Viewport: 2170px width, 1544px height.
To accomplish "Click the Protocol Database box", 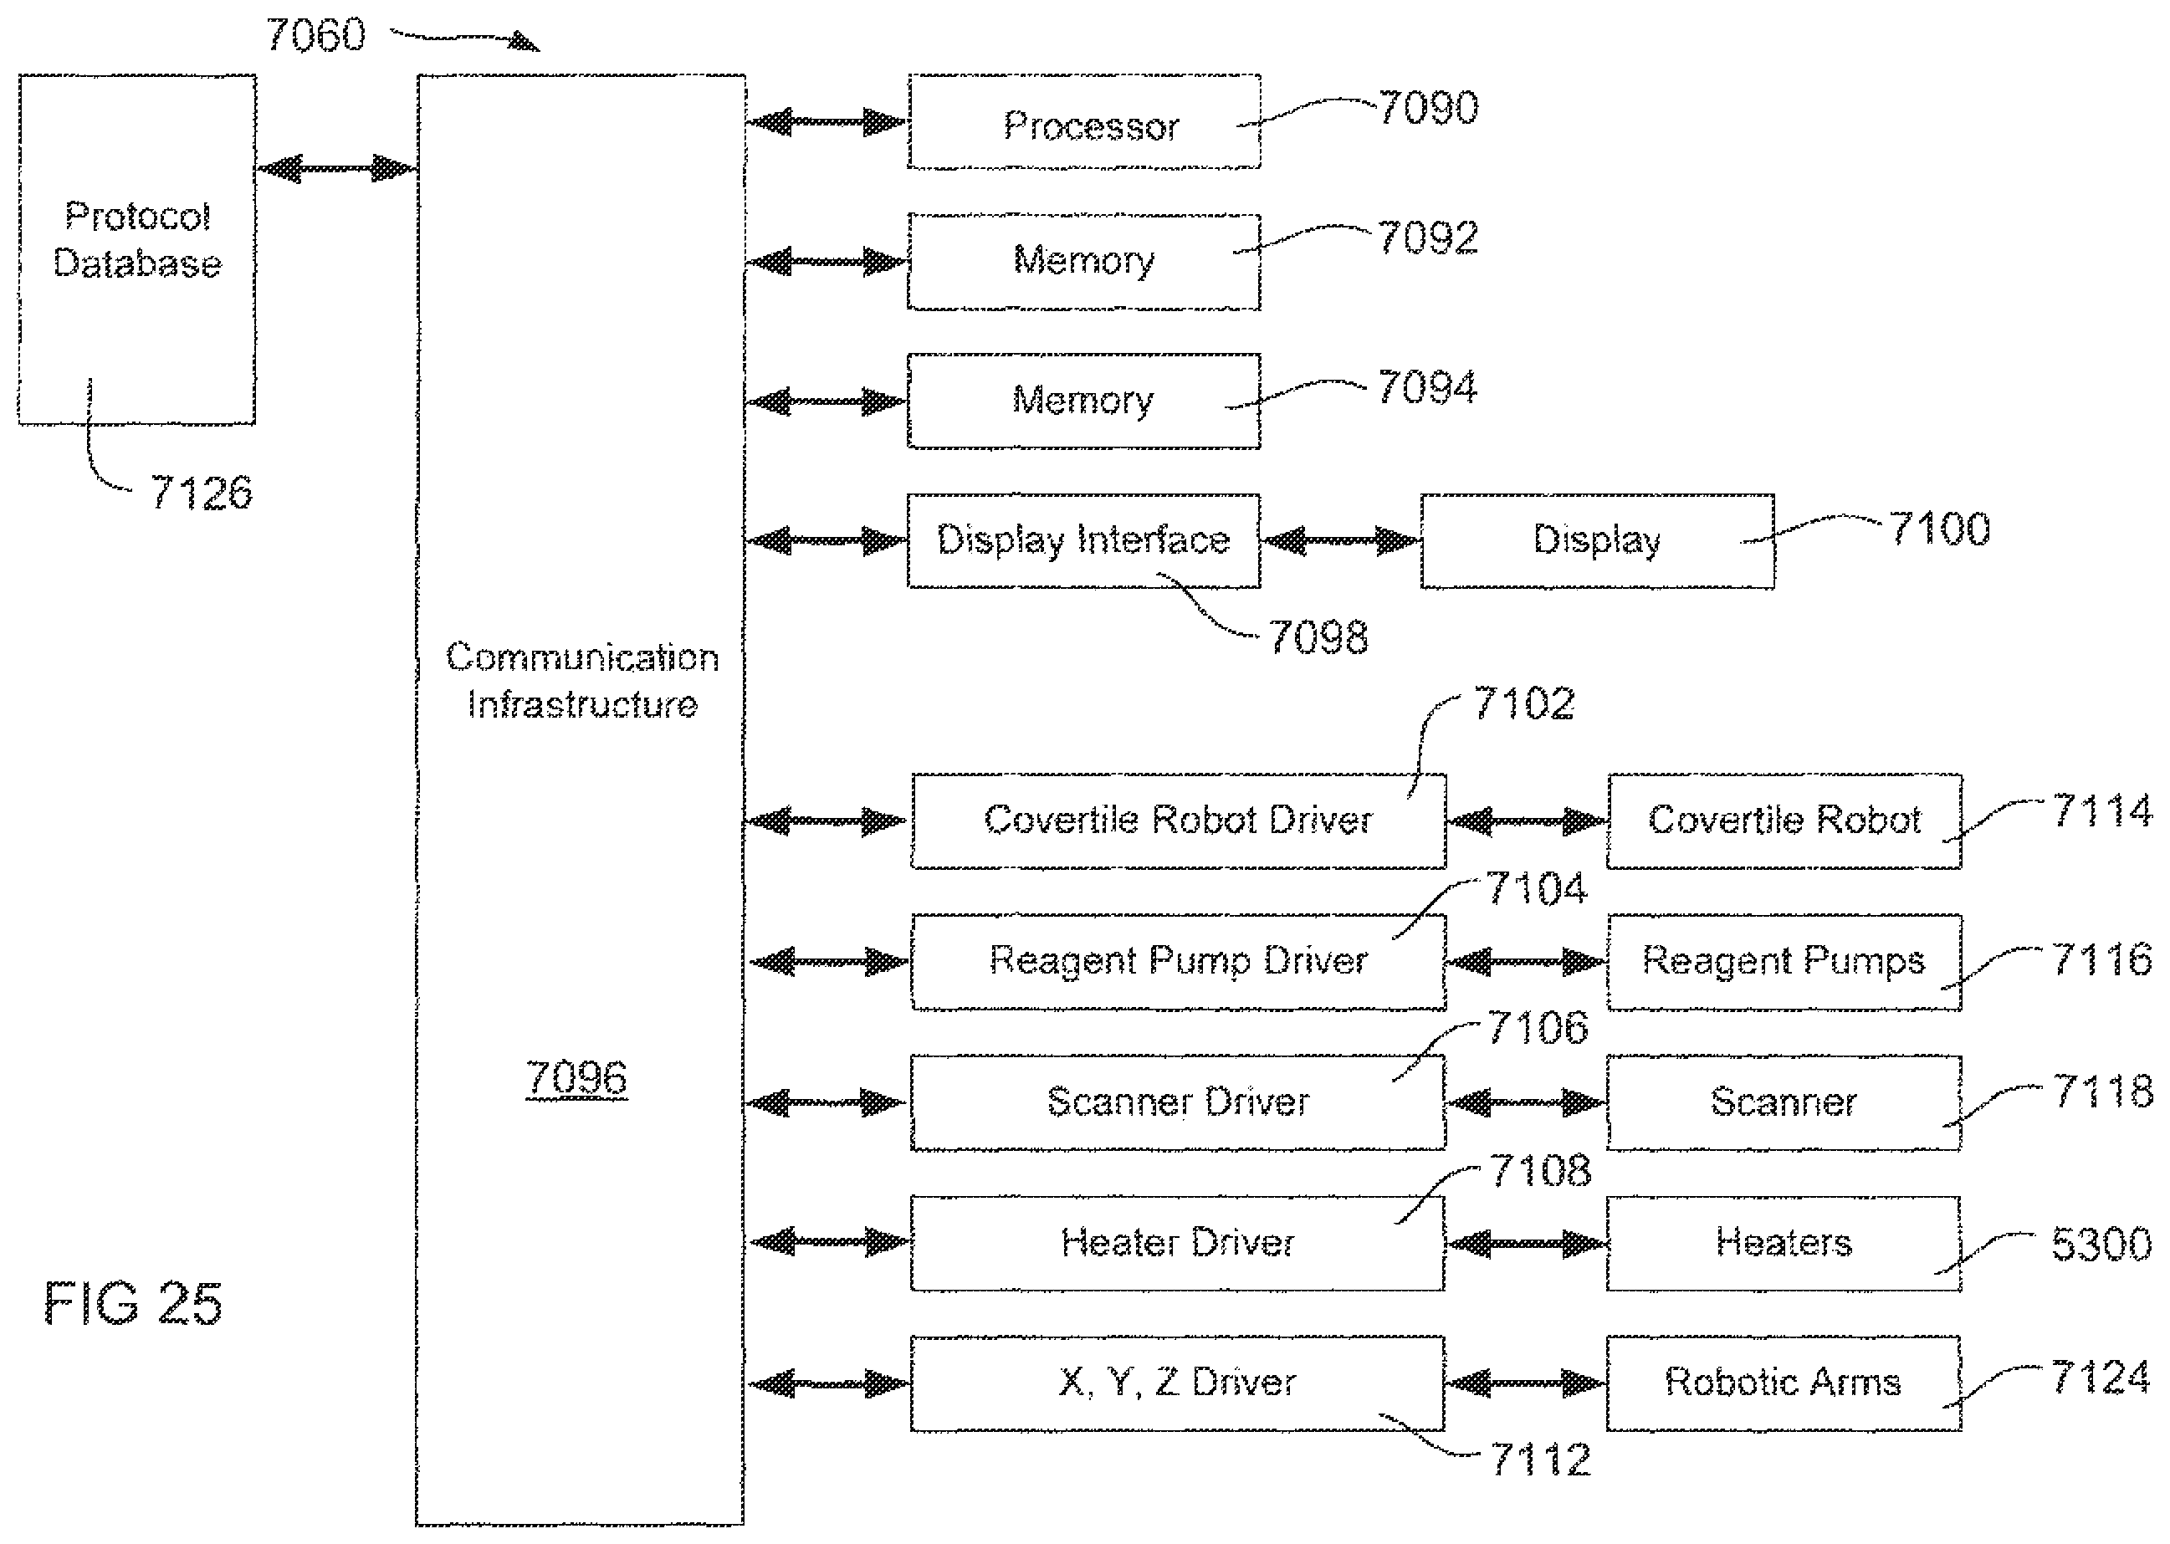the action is tap(137, 249).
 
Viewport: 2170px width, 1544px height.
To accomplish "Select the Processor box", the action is tap(1084, 121).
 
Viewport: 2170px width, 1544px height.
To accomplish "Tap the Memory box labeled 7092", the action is tap(1084, 262).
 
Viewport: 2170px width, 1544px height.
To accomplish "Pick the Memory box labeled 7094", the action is tap(1084, 401).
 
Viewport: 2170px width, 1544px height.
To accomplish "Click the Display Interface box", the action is tap(1084, 541).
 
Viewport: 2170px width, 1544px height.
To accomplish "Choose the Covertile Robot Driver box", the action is tap(1178, 821).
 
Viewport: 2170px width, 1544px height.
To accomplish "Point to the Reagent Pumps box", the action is tap(1784, 962).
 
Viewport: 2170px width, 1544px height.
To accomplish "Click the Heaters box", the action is tap(1784, 1244).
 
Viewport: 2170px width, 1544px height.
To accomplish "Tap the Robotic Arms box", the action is tap(1784, 1383).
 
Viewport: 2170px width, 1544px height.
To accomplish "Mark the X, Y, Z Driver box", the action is tap(1178, 1383).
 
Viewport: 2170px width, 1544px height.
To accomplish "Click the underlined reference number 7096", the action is tap(576, 1078).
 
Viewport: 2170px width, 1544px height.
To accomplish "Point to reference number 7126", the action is tap(202, 493).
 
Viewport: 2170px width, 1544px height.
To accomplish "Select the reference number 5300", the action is tap(2101, 1244).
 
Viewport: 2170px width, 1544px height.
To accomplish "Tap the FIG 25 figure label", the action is tap(133, 1302).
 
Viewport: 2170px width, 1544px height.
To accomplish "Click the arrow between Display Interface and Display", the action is tap(1342, 541).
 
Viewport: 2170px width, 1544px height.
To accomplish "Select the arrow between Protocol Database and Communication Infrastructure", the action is tap(336, 169).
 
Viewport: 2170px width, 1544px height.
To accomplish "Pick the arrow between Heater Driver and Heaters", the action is tap(1526, 1244).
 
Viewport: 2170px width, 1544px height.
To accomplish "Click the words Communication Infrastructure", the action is tap(582, 681).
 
